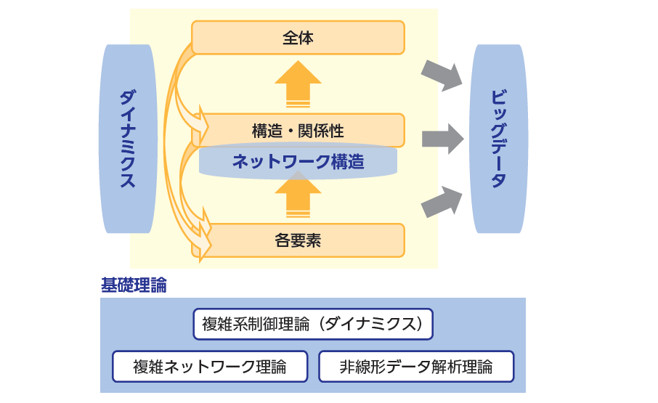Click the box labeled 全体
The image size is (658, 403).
click(x=298, y=37)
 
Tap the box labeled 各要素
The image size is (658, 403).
click(x=298, y=241)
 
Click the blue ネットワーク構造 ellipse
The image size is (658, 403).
click(x=298, y=162)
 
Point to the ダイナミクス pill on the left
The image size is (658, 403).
click(x=128, y=139)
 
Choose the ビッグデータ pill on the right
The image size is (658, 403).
click(x=498, y=139)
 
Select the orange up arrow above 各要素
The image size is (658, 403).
click(x=298, y=195)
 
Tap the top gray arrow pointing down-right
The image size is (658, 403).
click(x=442, y=75)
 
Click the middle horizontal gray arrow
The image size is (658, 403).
click(x=442, y=138)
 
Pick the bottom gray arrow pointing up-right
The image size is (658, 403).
click(x=442, y=201)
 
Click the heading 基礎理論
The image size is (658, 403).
click(x=134, y=285)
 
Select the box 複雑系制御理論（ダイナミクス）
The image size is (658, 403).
click(x=313, y=324)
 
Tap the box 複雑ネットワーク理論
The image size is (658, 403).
click(x=210, y=367)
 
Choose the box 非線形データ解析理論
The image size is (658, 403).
click(x=416, y=367)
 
